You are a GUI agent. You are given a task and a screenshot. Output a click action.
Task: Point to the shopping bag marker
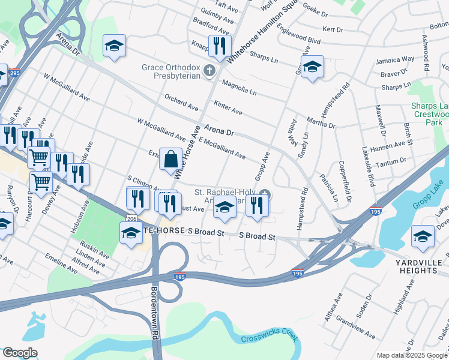170,160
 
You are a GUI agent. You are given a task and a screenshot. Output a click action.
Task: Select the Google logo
19,353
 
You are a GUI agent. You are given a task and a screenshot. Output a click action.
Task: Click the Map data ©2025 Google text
412,355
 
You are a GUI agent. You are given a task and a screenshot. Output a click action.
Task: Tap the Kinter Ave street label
228,107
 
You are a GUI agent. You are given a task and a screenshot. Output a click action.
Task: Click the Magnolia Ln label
239,88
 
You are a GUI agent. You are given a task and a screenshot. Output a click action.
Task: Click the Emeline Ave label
61,263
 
